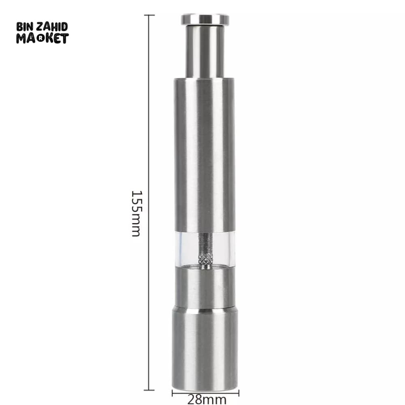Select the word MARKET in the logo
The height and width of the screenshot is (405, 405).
click(x=43, y=38)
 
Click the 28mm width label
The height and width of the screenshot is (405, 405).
click(x=207, y=400)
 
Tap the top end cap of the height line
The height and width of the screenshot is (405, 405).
click(x=149, y=15)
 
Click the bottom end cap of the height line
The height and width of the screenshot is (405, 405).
click(x=149, y=390)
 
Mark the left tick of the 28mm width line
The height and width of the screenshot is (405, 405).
click(x=172, y=393)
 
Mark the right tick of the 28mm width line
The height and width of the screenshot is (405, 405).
click(x=239, y=393)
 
